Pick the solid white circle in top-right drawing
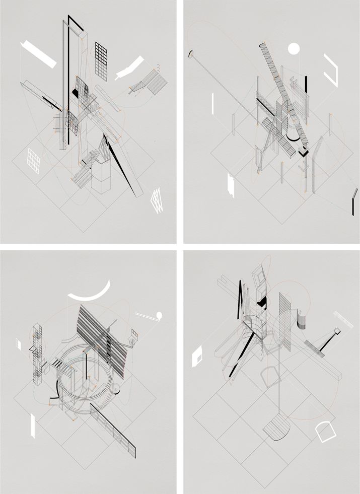pos(294,49)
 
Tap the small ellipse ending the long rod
pos(191,53)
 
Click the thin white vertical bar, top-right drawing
pos(213,103)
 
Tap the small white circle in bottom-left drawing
pos(160,316)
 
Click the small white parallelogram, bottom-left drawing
pos(19,344)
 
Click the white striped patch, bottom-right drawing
pos(344,319)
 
